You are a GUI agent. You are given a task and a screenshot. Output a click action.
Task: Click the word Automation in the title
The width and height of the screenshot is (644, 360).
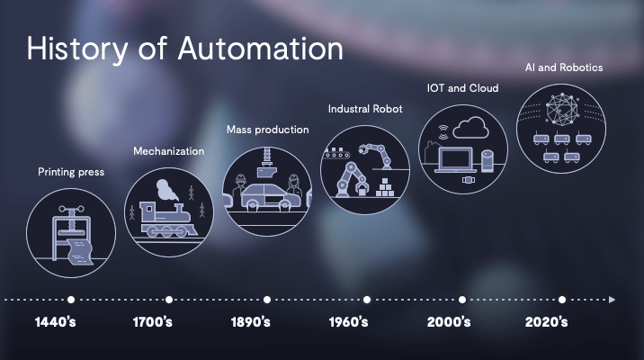tap(261, 49)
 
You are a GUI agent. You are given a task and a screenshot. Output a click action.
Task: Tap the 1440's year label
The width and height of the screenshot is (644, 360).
tap(56, 322)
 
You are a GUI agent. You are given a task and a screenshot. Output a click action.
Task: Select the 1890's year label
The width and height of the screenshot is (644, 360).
tap(251, 322)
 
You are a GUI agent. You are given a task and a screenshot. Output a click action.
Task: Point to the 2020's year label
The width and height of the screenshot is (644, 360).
tap(546, 322)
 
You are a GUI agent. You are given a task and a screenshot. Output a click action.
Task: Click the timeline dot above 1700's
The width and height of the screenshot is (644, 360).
tap(169, 300)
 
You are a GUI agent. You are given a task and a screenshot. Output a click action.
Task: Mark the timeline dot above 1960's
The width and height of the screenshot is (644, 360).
tap(367, 300)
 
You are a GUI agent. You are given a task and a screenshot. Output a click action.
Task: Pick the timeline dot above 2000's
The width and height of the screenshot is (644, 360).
tap(462, 300)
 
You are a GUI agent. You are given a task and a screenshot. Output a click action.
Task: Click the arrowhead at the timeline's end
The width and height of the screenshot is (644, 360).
tap(612, 300)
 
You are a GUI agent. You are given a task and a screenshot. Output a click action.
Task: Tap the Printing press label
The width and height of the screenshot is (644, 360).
tap(71, 172)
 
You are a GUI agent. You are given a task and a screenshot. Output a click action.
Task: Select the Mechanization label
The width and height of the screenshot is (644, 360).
tap(169, 151)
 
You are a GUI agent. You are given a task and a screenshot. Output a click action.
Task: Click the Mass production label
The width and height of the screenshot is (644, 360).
tap(268, 130)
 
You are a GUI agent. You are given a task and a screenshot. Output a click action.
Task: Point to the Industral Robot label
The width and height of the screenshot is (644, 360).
tap(365, 109)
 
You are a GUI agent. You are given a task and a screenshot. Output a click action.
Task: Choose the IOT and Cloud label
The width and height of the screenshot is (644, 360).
tap(463, 88)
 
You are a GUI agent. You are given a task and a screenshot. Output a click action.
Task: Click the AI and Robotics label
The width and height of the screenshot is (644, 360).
tap(564, 67)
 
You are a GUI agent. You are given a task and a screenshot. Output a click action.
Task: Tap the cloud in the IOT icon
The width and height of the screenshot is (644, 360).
tap(471, 128)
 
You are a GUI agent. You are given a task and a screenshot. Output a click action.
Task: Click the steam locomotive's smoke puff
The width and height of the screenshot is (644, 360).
tap(166, 190)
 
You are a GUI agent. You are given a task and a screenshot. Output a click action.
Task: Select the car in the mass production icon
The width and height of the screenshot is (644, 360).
tap(271, 197)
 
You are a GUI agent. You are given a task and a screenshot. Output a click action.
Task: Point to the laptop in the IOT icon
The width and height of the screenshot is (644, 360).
tap(455, 159)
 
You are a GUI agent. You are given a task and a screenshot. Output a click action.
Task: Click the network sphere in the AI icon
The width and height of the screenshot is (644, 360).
tap(561, 109)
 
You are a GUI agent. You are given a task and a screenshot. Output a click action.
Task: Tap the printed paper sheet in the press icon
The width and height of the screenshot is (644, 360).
tap(81, 251)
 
